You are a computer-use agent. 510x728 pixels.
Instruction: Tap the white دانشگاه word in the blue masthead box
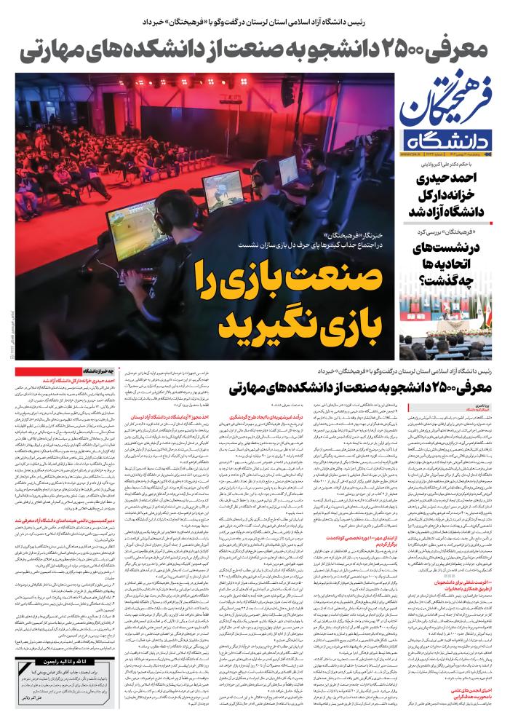(450, 141)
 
